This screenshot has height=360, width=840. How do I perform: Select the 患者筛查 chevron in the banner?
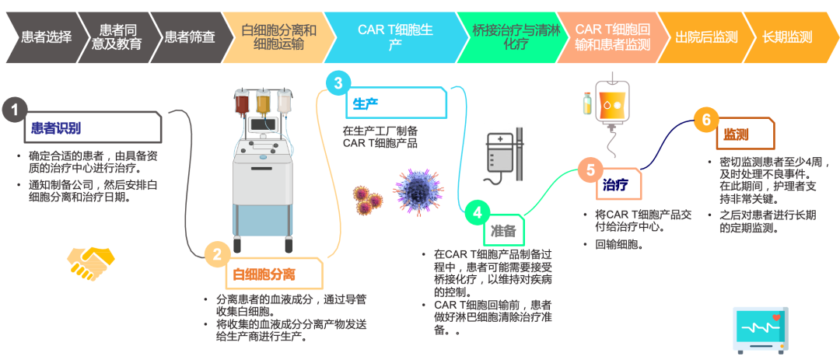click(x=189, y=37)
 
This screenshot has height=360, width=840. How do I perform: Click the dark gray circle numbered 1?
click(x=13, y=110)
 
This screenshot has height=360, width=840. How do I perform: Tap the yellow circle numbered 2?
click(x=217, y=253)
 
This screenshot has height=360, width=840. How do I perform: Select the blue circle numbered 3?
click(x=338, y=83)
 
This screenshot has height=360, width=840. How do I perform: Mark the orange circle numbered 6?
click(x=706, y=120)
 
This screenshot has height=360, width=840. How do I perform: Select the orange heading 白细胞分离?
click(x=264, y=274)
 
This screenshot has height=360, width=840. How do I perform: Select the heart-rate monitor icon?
click(x=761, y=330)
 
